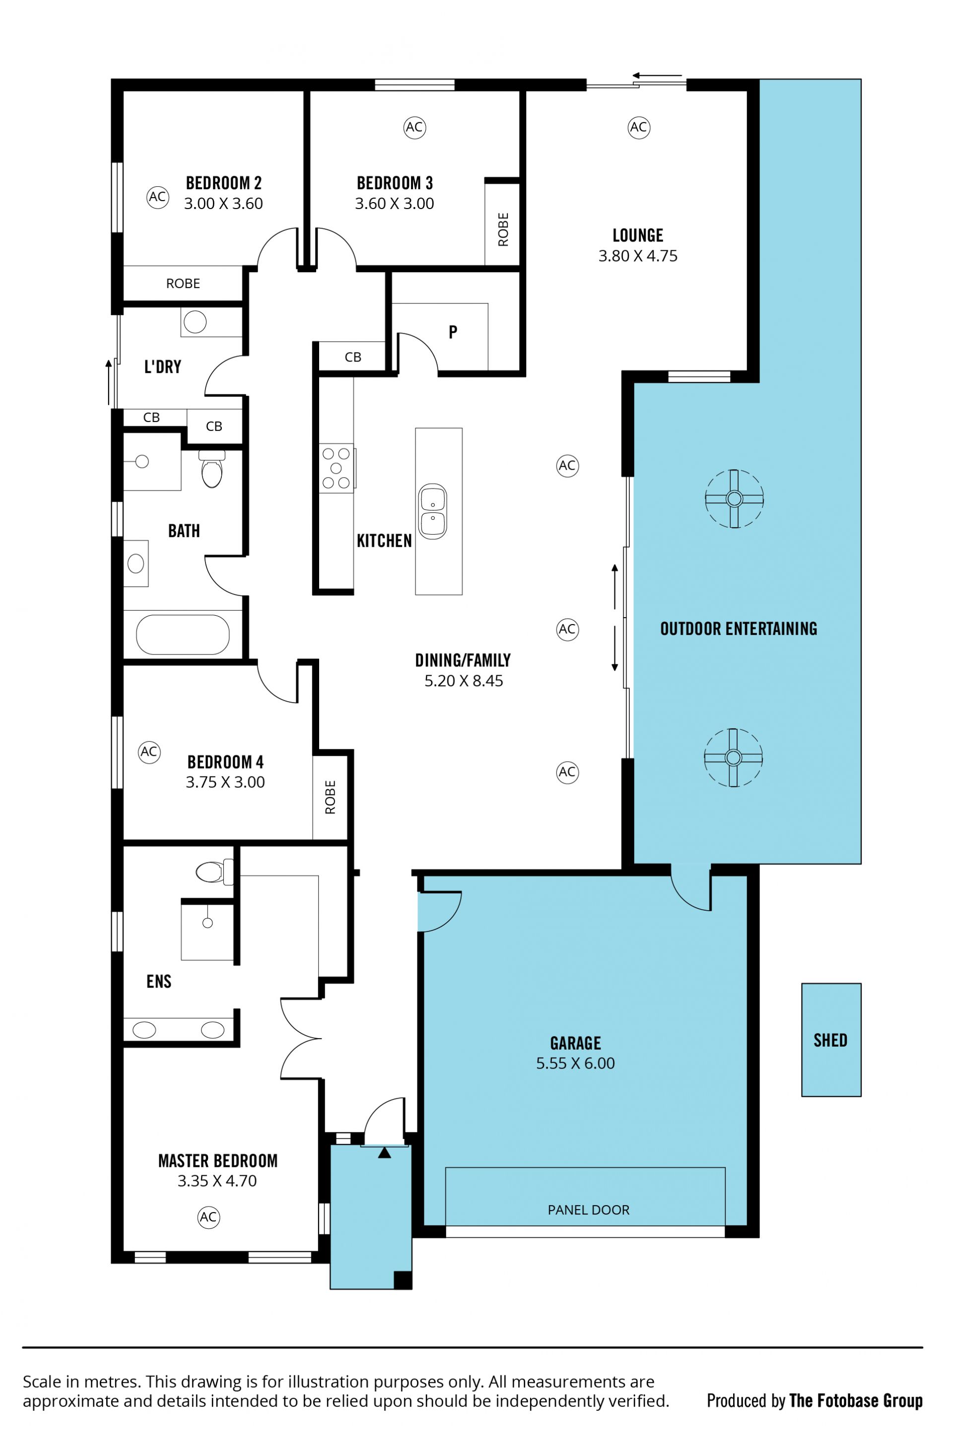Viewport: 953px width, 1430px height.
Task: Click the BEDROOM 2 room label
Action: pos(224,183)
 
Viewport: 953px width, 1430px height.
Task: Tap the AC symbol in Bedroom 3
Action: pos(414,127)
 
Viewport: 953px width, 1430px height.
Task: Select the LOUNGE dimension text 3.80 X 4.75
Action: pos(637,256)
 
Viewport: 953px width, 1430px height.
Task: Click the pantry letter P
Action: pos(453,332)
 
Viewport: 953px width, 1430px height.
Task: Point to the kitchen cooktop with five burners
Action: pos(337,468)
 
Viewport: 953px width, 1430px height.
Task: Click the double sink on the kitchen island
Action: pos(433,511)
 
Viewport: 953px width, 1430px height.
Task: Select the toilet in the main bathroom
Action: pos(212,469)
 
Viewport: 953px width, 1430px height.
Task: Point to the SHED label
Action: pos(830,1041)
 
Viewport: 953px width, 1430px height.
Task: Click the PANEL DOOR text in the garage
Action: pos(588,1210)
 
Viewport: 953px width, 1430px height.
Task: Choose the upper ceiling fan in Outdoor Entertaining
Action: pos(734,499)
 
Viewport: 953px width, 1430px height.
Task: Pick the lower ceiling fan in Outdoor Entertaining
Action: pos(733,758)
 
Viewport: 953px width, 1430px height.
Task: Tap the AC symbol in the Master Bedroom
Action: pos(208,1216)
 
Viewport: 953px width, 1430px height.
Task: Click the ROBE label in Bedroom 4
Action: pos(330,797)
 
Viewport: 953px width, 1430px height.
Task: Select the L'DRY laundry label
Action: pos(162,366)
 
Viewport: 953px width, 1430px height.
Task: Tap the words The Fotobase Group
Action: pos(856,1401)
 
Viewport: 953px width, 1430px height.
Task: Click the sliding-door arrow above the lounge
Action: pos(658,76)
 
